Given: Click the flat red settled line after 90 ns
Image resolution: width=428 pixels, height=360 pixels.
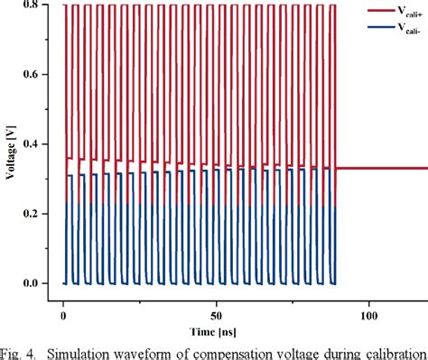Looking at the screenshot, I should tap(379, 168).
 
